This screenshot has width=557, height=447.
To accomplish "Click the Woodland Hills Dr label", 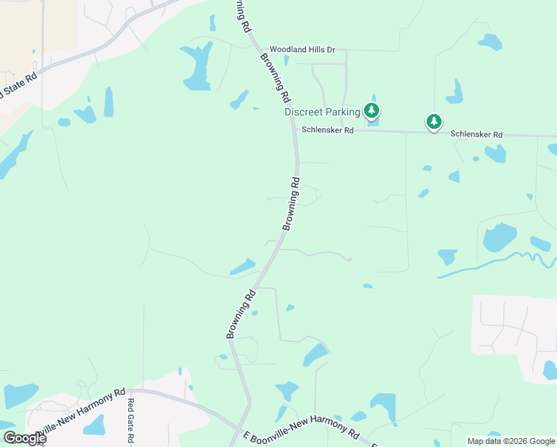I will (x=302, y=50).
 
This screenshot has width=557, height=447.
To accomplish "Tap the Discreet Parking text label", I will (x=322, y=112).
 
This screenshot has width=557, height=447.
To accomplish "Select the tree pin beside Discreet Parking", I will (x=372, y=111).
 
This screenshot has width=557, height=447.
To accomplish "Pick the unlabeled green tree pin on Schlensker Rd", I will (x=433, y=121).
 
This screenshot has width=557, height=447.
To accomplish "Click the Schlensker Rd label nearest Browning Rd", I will (x=327, y=130).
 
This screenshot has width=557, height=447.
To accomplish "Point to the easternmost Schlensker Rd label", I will (x=477, y=135).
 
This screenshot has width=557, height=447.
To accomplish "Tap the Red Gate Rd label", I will (x=130, y=416).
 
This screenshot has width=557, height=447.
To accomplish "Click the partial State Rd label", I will (x=19, y=85).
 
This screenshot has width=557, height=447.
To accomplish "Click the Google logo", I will (x=25, y=438).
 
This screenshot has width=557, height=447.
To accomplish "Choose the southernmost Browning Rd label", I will (x=241, y=314).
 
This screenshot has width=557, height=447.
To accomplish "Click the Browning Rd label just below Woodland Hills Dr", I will (x=275, y=77).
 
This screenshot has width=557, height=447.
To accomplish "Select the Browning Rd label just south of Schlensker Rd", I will (x=291, y=203).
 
